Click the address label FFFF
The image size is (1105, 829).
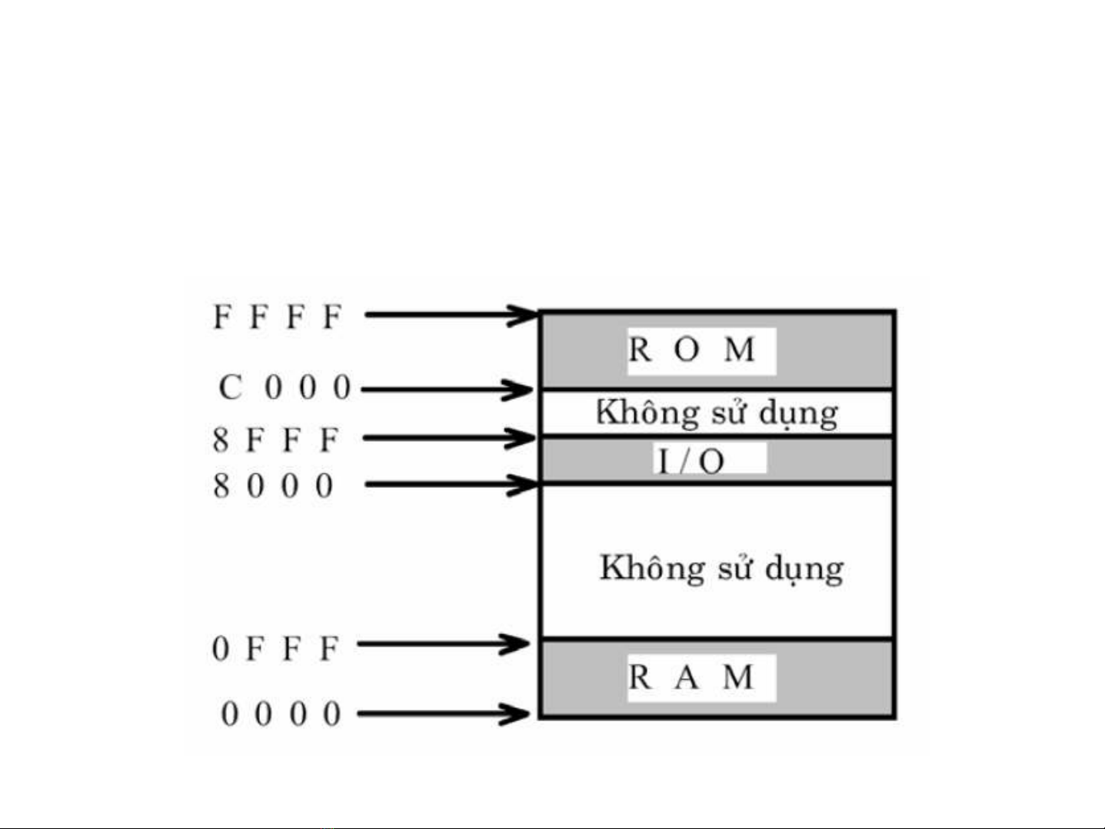tap(277, 316)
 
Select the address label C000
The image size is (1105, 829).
tap(285, 387)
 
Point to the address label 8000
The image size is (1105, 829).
tap(274, 486)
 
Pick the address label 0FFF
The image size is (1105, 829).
tap(275, 649)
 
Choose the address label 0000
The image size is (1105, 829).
tap(281, 714)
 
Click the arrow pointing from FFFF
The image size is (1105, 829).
tap(451, 314)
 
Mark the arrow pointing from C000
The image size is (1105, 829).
tap(447, 389)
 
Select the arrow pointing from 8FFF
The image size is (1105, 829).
tap(449, 438)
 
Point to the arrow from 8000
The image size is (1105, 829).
tap(451, 485)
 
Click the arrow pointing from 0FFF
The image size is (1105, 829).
tap(444, 643)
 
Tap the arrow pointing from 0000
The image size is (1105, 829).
tap(444, 714)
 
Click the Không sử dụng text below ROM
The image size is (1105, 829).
tap(717, 413)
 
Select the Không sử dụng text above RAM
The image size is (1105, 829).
tap(721, 569)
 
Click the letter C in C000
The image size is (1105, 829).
tap(230, 387)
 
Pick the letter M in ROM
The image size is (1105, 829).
tap(740, 350)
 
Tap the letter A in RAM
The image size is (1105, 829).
tap(687, 678)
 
